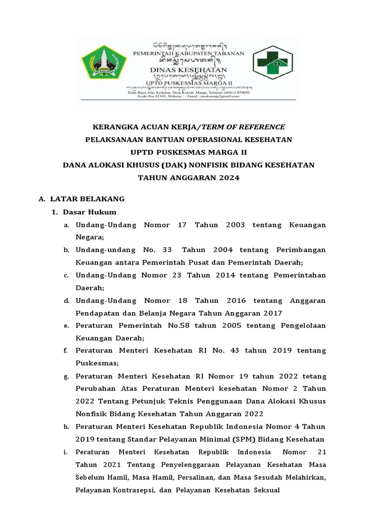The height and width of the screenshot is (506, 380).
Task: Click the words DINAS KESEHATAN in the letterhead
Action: point(189,70)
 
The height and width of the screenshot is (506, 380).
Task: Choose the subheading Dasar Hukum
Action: point(90,212)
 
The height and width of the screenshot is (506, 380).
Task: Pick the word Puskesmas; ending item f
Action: point(94,363)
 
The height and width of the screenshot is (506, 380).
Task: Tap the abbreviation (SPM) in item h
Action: point(212,439)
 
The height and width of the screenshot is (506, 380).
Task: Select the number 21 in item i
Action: point(316,452)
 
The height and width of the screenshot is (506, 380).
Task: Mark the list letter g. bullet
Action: point(66,377)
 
